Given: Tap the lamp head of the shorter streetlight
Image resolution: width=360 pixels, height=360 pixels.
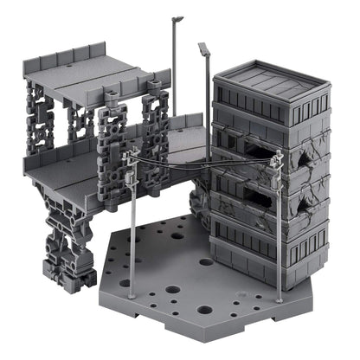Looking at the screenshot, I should point(204,49).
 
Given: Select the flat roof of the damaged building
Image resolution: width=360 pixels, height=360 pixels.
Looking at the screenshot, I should point(270,78).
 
